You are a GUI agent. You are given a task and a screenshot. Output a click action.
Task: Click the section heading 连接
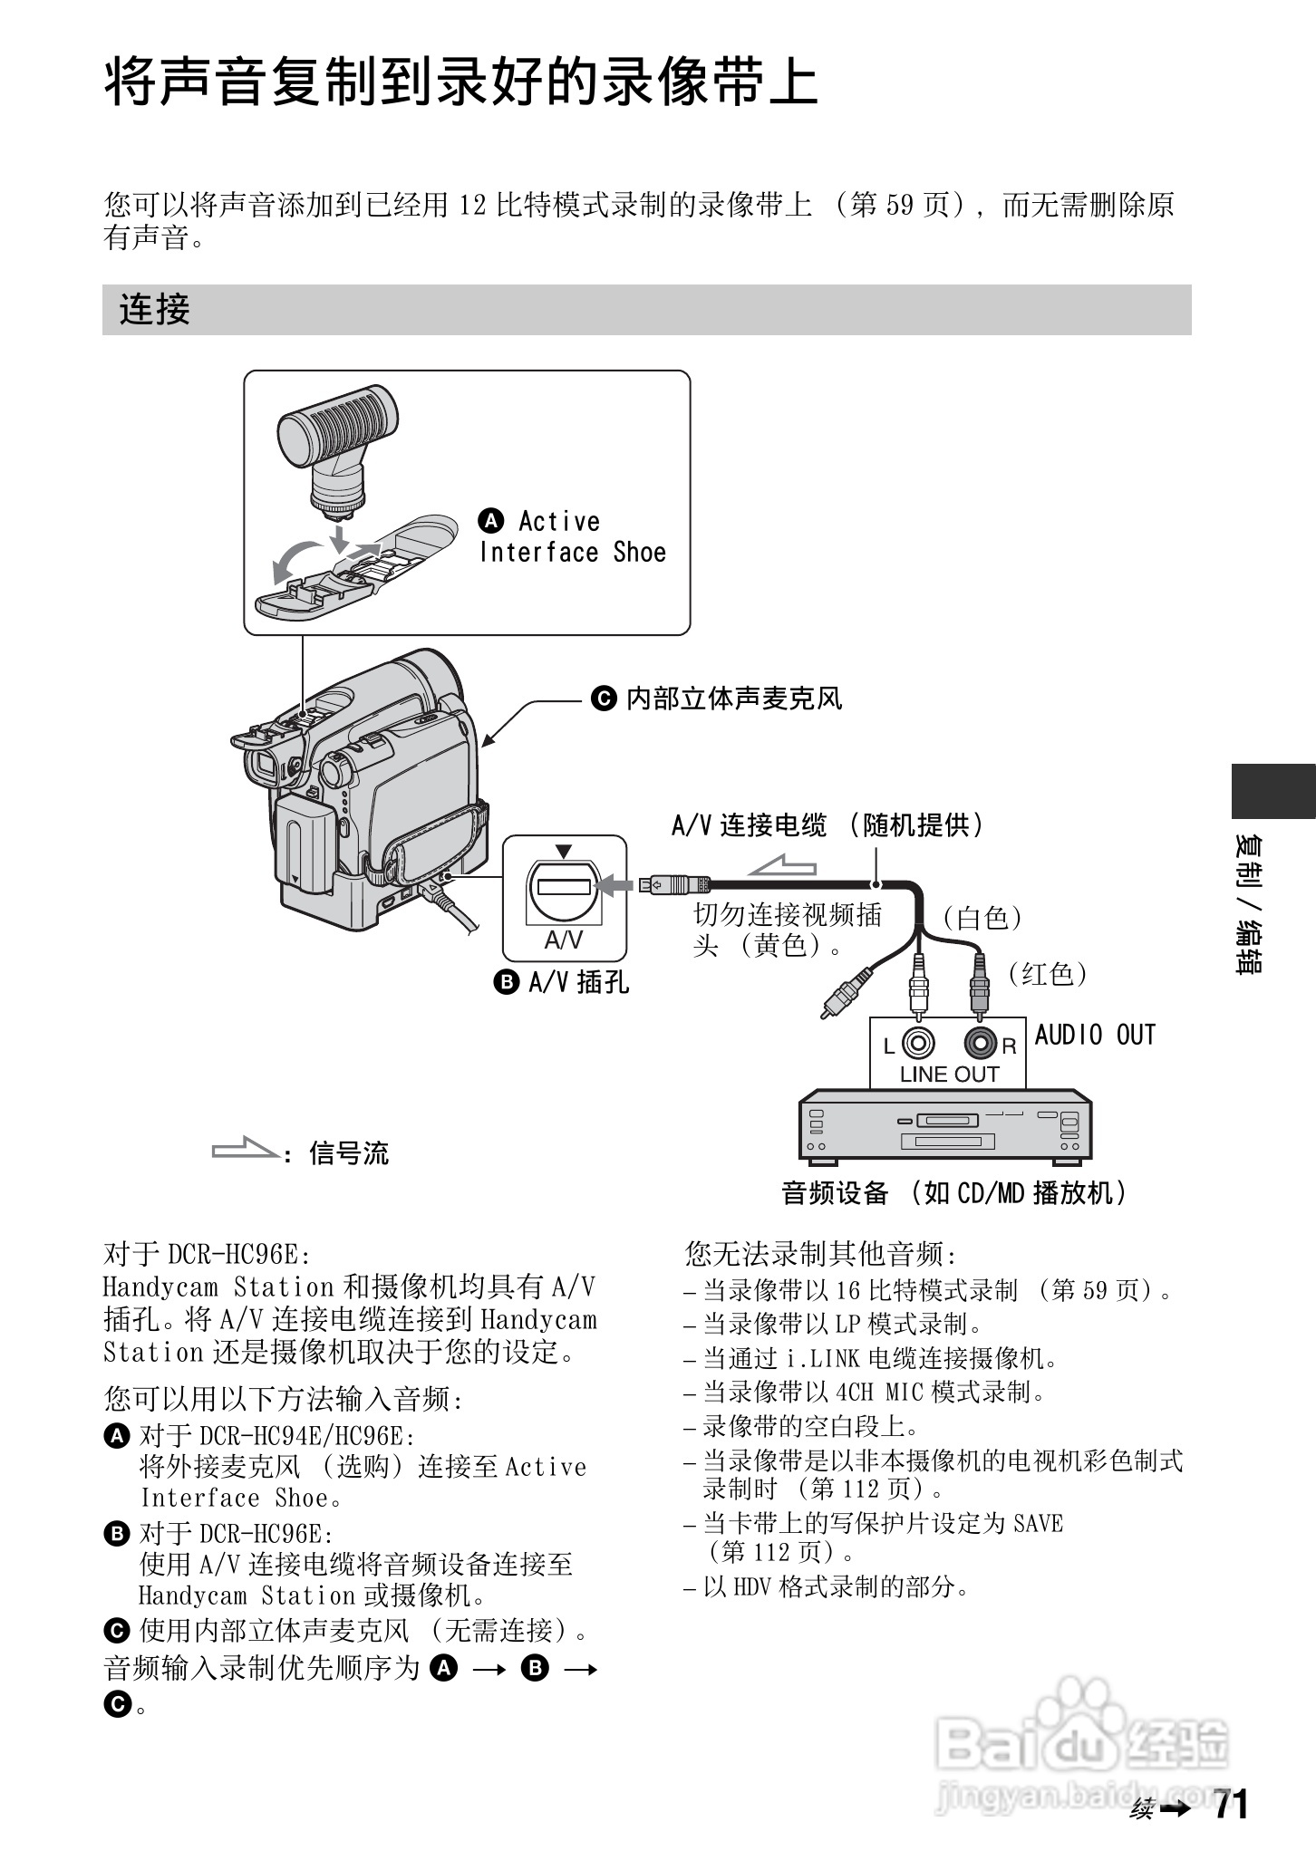(x=154, y=310)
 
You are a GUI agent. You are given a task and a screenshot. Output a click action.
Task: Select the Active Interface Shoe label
(x=573, y=536)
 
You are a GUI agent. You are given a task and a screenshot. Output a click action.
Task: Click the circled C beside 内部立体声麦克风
(x=604, y=699)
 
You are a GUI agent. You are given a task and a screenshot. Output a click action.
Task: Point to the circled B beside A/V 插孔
(x=506, y=982)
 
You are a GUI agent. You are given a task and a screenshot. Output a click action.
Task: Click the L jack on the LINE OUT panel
(x=919, y=1044)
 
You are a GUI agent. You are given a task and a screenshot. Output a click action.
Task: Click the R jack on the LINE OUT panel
(x=980, y=1044)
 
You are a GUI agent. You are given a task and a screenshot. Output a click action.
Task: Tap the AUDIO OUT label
(x=1095, y=1035)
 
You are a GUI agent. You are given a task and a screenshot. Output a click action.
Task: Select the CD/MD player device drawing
(x=944, y=1125)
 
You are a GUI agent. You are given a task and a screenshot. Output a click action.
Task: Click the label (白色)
(x=982, y=918)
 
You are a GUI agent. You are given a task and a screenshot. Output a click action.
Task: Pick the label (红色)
(x=1047, y=973)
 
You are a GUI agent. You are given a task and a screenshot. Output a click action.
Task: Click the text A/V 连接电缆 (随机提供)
(x=827, y=825)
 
